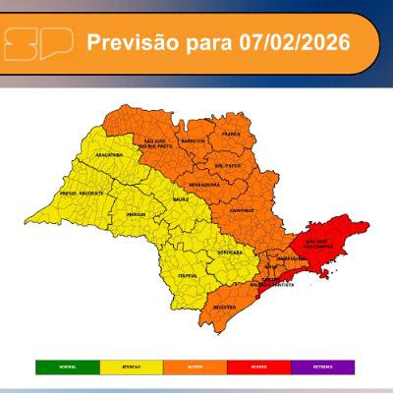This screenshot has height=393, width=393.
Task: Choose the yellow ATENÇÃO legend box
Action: coord(131,367)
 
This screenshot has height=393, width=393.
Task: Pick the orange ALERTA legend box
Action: coord(196,367)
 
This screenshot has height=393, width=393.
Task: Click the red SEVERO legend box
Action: coord(259,367)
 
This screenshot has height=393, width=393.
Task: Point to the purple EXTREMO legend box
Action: coord(323,367)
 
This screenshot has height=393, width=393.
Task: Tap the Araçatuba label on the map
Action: coord(108,155)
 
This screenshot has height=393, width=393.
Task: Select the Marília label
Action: coord(137,213)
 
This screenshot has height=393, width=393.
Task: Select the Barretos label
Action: coord(193,140)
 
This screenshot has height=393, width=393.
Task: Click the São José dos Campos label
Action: coord(323,243)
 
